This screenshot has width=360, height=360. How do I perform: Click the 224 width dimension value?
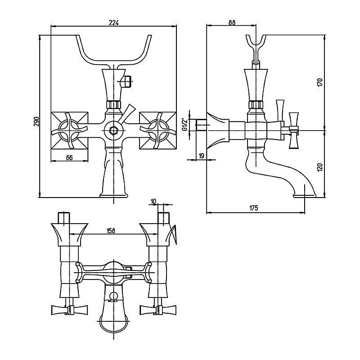(x=114, y=23)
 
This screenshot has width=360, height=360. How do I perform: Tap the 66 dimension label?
(x=70, y=157)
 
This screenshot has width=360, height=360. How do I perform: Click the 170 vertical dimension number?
(x=319, y=82)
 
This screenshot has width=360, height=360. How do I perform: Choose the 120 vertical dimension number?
(x=319, y=168)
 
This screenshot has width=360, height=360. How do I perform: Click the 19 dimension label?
(x=201, y=155)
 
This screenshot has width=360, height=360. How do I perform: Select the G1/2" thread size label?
(x=184, y=123)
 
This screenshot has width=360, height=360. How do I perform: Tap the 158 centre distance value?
(x=111, y=231)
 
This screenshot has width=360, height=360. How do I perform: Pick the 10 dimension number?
(x=153, y=201)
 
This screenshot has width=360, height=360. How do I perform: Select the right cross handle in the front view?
(x=158, y=130)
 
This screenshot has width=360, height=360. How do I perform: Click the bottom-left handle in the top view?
(x=63, y=310)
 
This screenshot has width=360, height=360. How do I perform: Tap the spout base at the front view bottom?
(x=113, y=194)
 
